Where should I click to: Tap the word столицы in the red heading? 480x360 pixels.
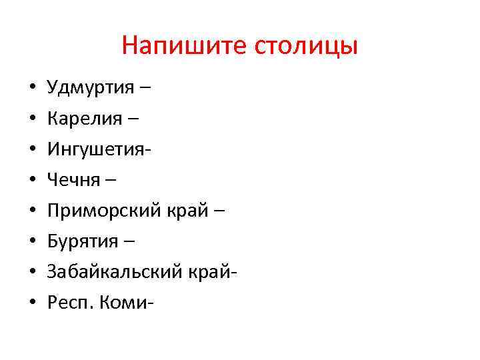pos(307,46)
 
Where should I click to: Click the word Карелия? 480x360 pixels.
pos(85,119)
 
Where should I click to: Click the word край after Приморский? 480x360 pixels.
pos(189,211)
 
